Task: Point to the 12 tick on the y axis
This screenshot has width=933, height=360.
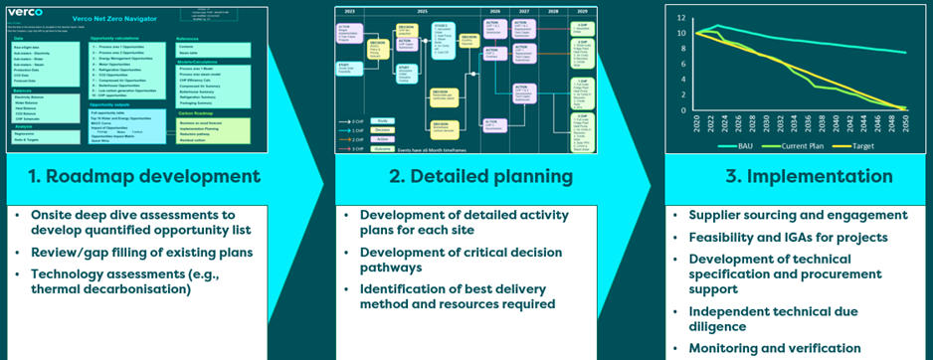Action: pyautogui.click(x=680, y=18)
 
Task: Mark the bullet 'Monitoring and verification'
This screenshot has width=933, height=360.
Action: pyautogui.click(x=776, y=348)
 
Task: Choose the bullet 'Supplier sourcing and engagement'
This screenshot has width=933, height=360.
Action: pyautogui.click(x=798, y=216)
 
